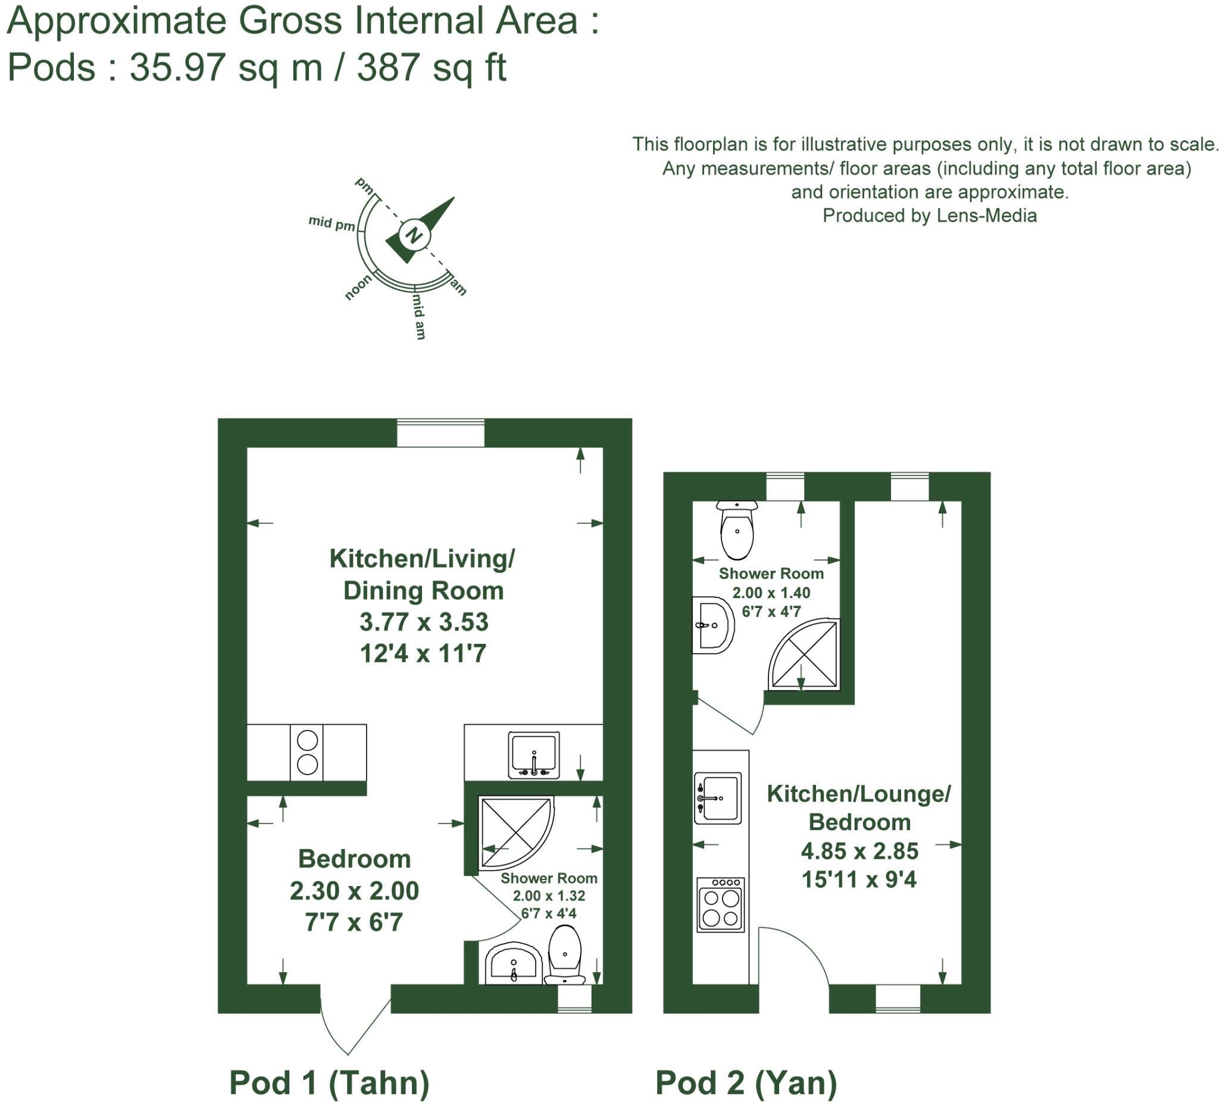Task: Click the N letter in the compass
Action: pyautogui.click(x=414, y=234)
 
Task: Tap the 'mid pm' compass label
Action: pyautogui.click(x=332, y=223)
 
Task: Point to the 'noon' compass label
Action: pyautogui.click(x=358, y=287)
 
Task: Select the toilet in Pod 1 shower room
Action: pyautogui.click(x=565, y=956)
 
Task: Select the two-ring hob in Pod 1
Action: pyautogui.click(x=307, y=753)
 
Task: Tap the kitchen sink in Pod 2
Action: pyautogui.click(x=718, y=798)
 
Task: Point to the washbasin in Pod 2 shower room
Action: pyautogui.click(x=712, y=625)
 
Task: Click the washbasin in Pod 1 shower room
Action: pyautogui.click(x=513, y=963)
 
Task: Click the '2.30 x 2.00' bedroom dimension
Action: pyautogui.click(x=354, y=890)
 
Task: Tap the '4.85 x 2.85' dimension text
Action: pyautogui.click(x=859, y=851)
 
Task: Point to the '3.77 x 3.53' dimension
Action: pyautogui.click(x=423, y=622)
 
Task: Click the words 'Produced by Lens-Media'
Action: pyautogui.click(x=929, y=216)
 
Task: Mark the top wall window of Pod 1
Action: pyautogui.click(x=440, y=433)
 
